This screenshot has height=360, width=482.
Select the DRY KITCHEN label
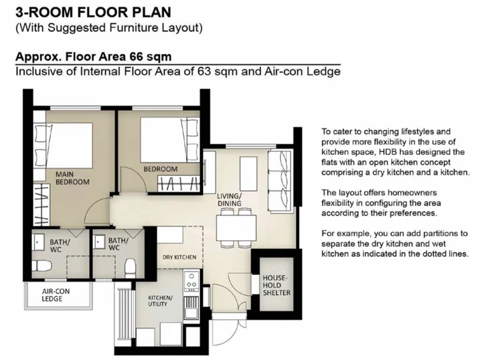click(179, 257)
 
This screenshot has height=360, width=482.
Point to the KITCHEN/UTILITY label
click(160, 300)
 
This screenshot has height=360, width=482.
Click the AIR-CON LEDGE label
click(57, 295)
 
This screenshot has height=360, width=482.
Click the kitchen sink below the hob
click(191, 308)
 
